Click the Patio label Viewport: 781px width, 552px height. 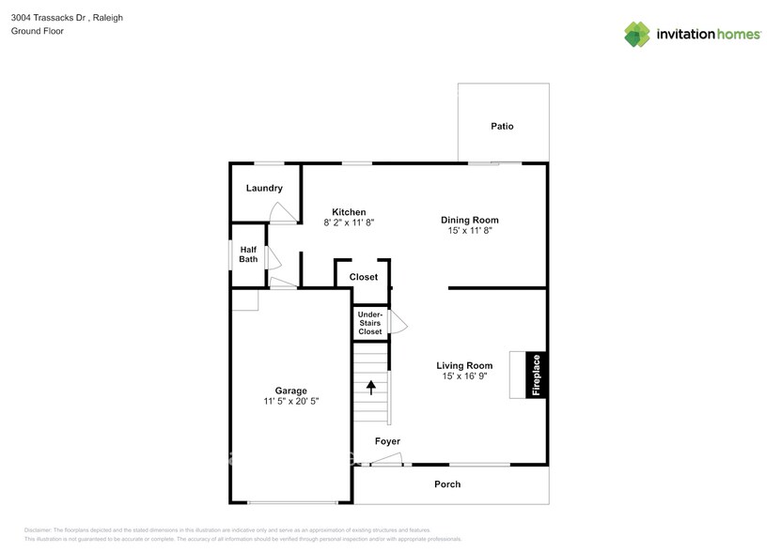coord(502,127)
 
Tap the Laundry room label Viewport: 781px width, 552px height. coord(264,189)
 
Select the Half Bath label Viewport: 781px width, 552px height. coord(248,254)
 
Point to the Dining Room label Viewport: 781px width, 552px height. coord(469,221)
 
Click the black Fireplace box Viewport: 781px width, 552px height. coord(537,376)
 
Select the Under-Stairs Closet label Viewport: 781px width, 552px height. coord(369,323)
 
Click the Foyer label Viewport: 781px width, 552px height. coord(387,441)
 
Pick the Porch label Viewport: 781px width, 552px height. coord(447,484)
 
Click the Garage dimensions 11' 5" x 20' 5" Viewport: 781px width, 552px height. coord(290,402)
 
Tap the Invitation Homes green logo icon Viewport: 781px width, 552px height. coord(638,35)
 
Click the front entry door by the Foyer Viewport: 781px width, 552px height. coord(386,459)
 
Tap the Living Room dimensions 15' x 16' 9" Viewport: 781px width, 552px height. coord(464,376)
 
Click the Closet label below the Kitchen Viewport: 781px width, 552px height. coord(363,277)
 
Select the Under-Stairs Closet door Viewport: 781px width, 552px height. coord(398,322)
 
